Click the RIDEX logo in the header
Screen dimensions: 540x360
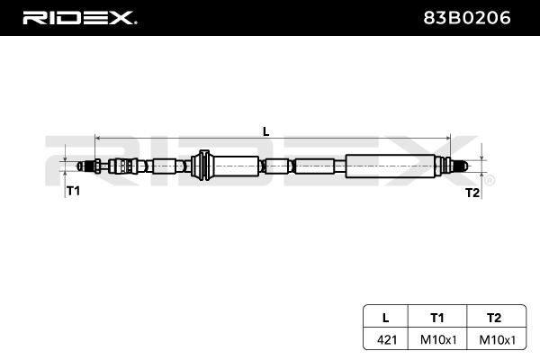79,18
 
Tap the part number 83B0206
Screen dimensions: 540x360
466,18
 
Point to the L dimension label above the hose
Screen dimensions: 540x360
265,131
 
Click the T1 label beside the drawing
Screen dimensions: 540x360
73,191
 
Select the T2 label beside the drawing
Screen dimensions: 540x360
472,193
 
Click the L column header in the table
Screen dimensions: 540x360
386,318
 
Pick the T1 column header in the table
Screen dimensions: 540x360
437,318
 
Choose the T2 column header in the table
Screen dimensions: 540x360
494,318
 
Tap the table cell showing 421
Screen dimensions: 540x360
387,340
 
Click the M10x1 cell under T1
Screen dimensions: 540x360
438,340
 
